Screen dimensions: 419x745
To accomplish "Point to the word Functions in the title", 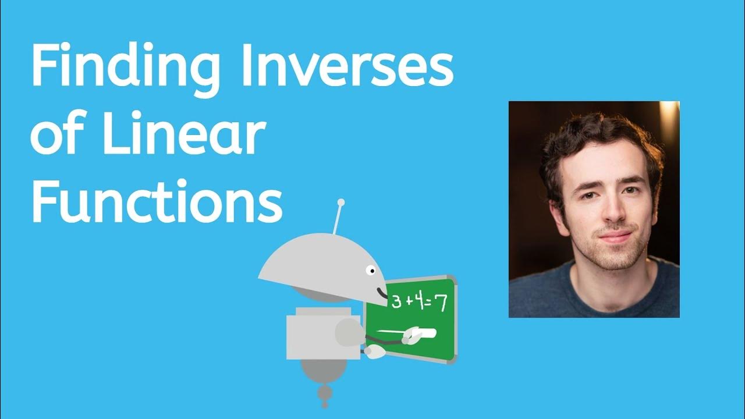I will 156,201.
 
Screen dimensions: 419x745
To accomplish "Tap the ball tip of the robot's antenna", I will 341,203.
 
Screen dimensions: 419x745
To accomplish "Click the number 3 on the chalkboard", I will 396,302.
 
